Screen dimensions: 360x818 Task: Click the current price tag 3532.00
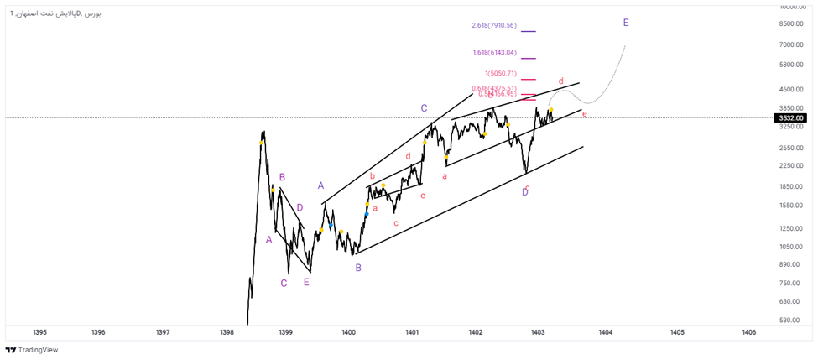coord(791,118)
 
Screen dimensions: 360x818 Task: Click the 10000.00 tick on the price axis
coord(791,7)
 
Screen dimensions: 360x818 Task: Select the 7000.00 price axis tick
coord(791,44)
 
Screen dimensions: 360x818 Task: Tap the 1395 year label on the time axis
coord(39,332)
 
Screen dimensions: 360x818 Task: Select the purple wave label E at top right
coord(626,23)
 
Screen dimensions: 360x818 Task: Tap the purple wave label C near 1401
coord(425,108)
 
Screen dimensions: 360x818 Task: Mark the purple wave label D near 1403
coord(525,192)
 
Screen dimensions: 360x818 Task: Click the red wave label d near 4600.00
coord(560,81)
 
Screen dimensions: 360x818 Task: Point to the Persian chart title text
coord(54,14)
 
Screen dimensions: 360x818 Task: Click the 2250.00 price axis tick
coord(791,166)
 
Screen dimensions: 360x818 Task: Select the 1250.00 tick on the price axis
coord(791,228)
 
